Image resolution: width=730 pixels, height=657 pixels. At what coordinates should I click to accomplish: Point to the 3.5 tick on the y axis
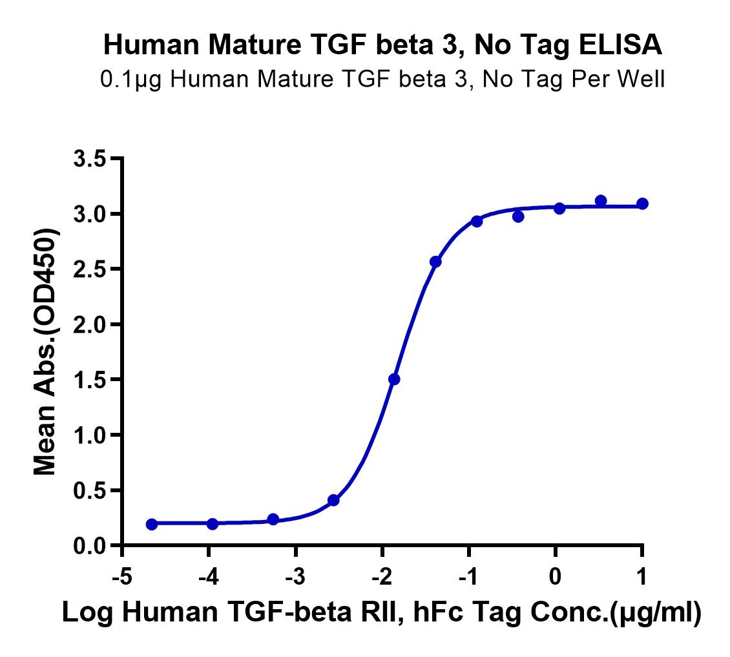tap(91, 158)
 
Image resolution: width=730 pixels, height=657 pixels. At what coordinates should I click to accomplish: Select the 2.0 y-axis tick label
tap(91, 324)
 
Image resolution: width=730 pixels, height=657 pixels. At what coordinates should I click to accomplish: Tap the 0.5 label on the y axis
tap(91, 491)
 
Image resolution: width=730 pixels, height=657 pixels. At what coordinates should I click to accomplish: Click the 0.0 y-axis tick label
tap(91, 547)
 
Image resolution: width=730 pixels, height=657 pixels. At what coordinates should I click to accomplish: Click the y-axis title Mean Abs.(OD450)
tap(45, 352)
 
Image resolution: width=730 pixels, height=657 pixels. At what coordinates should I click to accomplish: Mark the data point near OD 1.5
tap(394, 379)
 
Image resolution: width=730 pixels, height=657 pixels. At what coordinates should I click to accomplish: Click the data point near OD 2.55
tap(435, 262)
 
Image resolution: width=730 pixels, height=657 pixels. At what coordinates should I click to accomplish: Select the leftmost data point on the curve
tap(152, 524)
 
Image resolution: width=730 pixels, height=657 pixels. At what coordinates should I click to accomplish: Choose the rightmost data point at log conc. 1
tap(642, 203)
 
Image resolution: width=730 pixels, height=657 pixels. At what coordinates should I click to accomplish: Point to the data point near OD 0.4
tap(333, 500)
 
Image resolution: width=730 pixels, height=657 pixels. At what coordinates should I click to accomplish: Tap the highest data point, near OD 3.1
tap(601, 201)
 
